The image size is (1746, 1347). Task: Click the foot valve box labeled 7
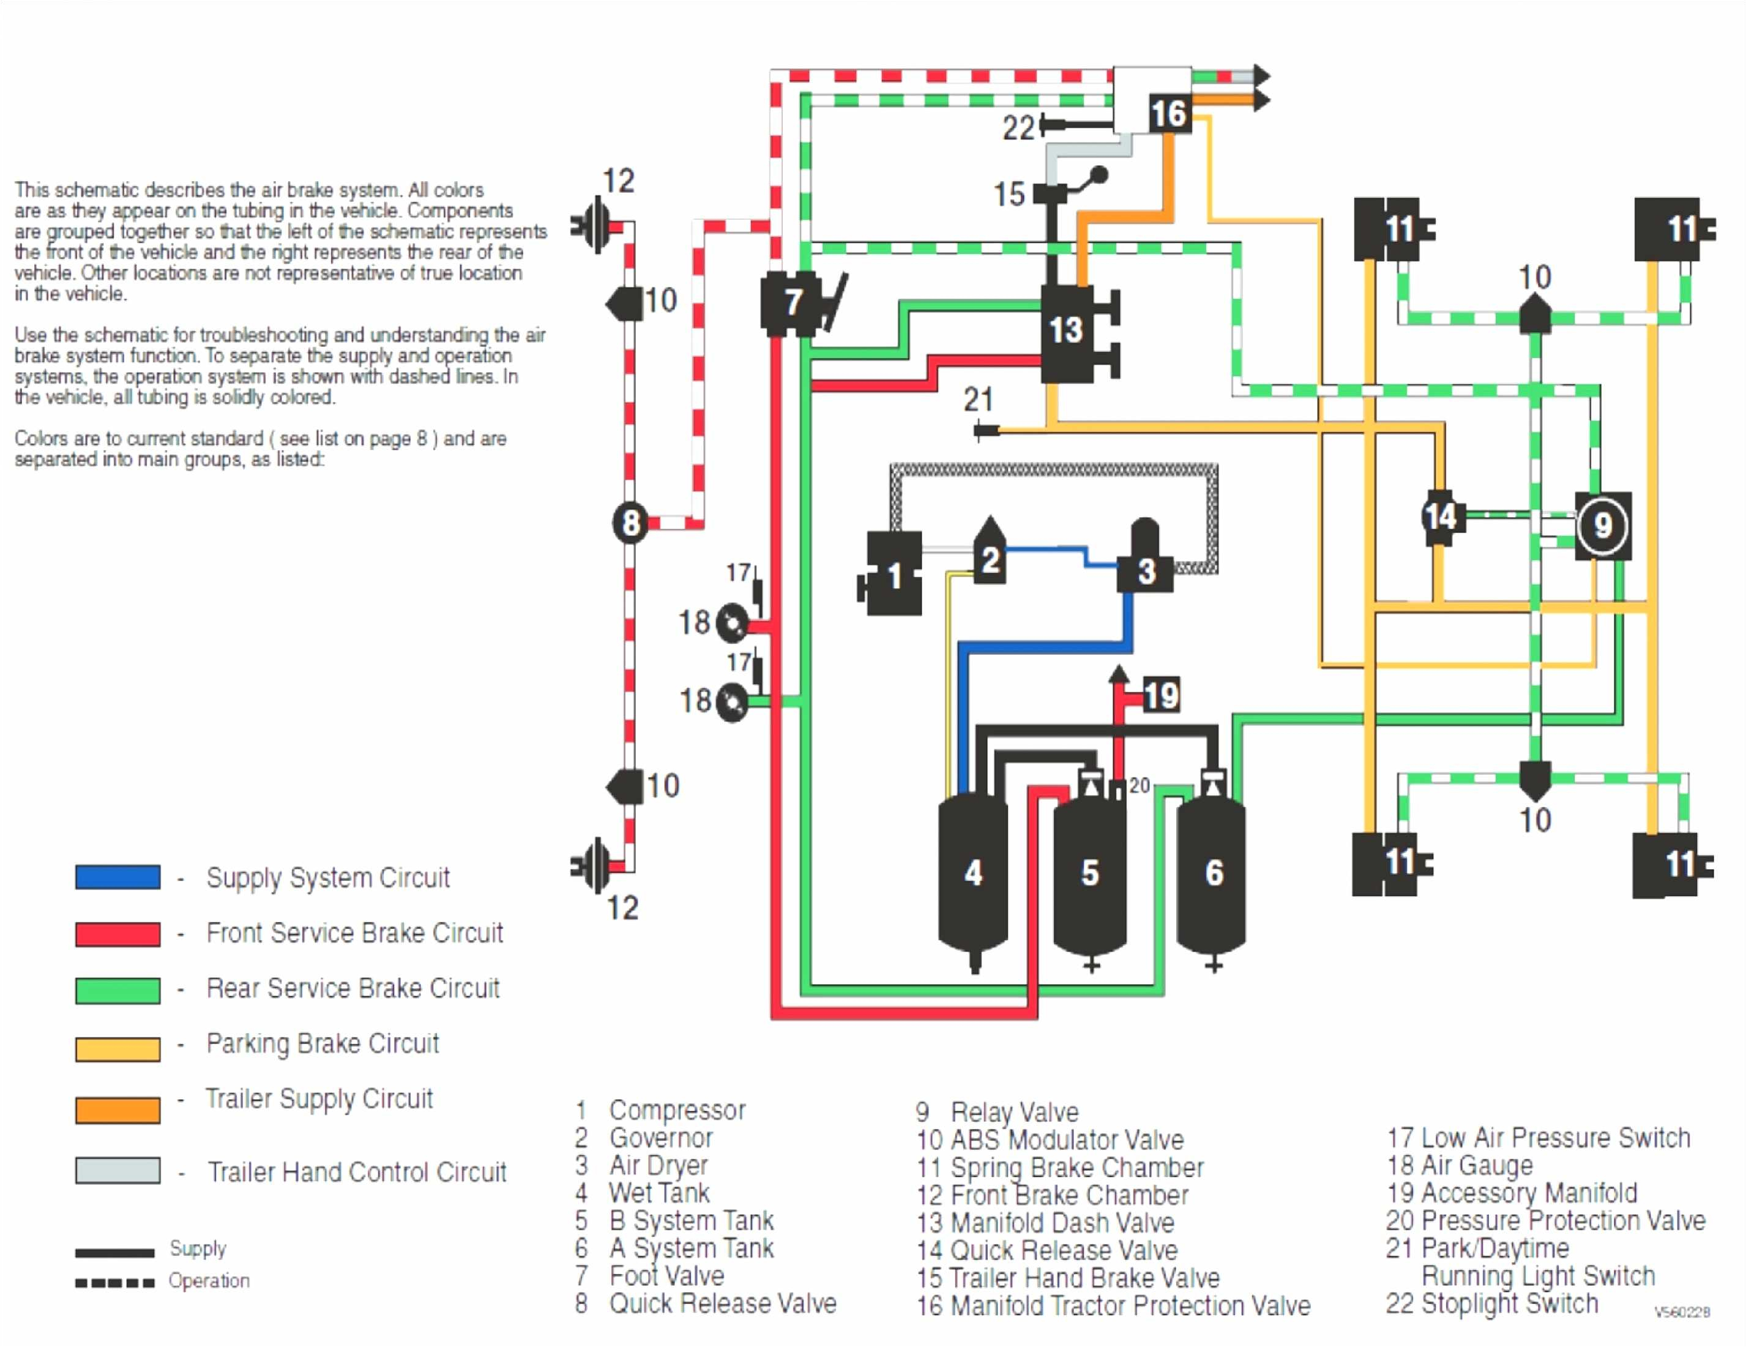(x=791, y=303)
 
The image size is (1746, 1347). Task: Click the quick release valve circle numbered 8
(x=630, y=524)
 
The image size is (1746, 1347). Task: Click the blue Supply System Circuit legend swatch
(x=118, y=877)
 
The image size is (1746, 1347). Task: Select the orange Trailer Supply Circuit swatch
(x=118, y=1110)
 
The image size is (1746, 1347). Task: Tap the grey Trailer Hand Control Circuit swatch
(x=118, y=1170)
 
